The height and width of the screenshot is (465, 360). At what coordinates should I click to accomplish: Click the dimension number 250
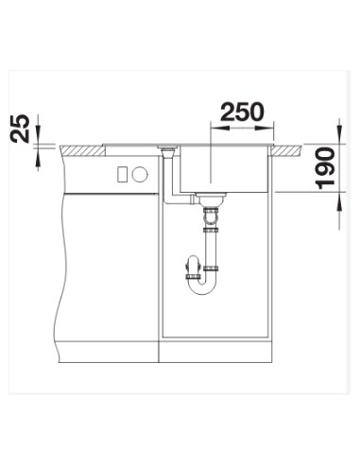pos(242,112)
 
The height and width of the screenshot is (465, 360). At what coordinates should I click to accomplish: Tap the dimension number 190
pos(325,168)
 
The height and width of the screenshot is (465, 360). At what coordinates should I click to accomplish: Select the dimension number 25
pos(20,129)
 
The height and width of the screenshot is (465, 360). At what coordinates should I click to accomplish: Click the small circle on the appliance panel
pos(140,174)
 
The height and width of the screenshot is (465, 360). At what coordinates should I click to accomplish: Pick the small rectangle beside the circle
pos(122,174)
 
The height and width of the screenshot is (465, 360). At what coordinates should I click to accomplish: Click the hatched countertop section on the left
pos(82,150)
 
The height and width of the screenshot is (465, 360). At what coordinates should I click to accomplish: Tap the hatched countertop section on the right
pos(287,150)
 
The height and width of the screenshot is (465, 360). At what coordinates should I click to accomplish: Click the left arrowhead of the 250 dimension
pos(219,129)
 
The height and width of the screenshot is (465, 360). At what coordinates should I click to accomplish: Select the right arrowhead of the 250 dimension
pos(265,129)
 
